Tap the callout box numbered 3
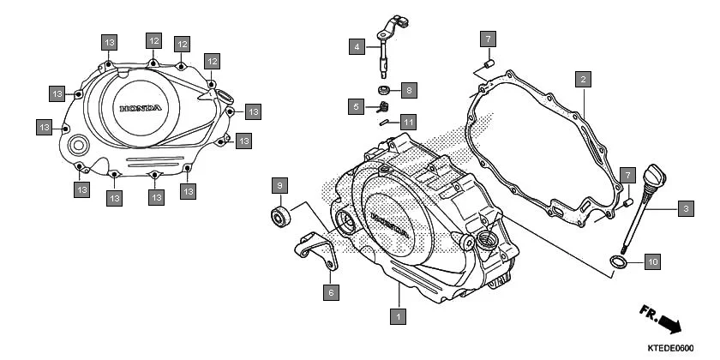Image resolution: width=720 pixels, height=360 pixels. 685,207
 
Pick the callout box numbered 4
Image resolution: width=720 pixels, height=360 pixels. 356,47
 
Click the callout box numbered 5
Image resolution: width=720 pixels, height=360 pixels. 356,106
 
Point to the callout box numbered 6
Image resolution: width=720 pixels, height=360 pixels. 331,292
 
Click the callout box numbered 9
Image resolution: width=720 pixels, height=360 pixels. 278,185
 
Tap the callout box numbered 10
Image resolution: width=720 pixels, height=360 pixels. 651,261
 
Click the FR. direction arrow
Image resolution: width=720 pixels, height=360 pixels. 659,318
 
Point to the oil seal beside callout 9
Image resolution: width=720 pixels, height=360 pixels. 279,215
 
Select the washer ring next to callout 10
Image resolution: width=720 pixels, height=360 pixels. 618,261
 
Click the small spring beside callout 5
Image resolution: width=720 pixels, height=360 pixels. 383,107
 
